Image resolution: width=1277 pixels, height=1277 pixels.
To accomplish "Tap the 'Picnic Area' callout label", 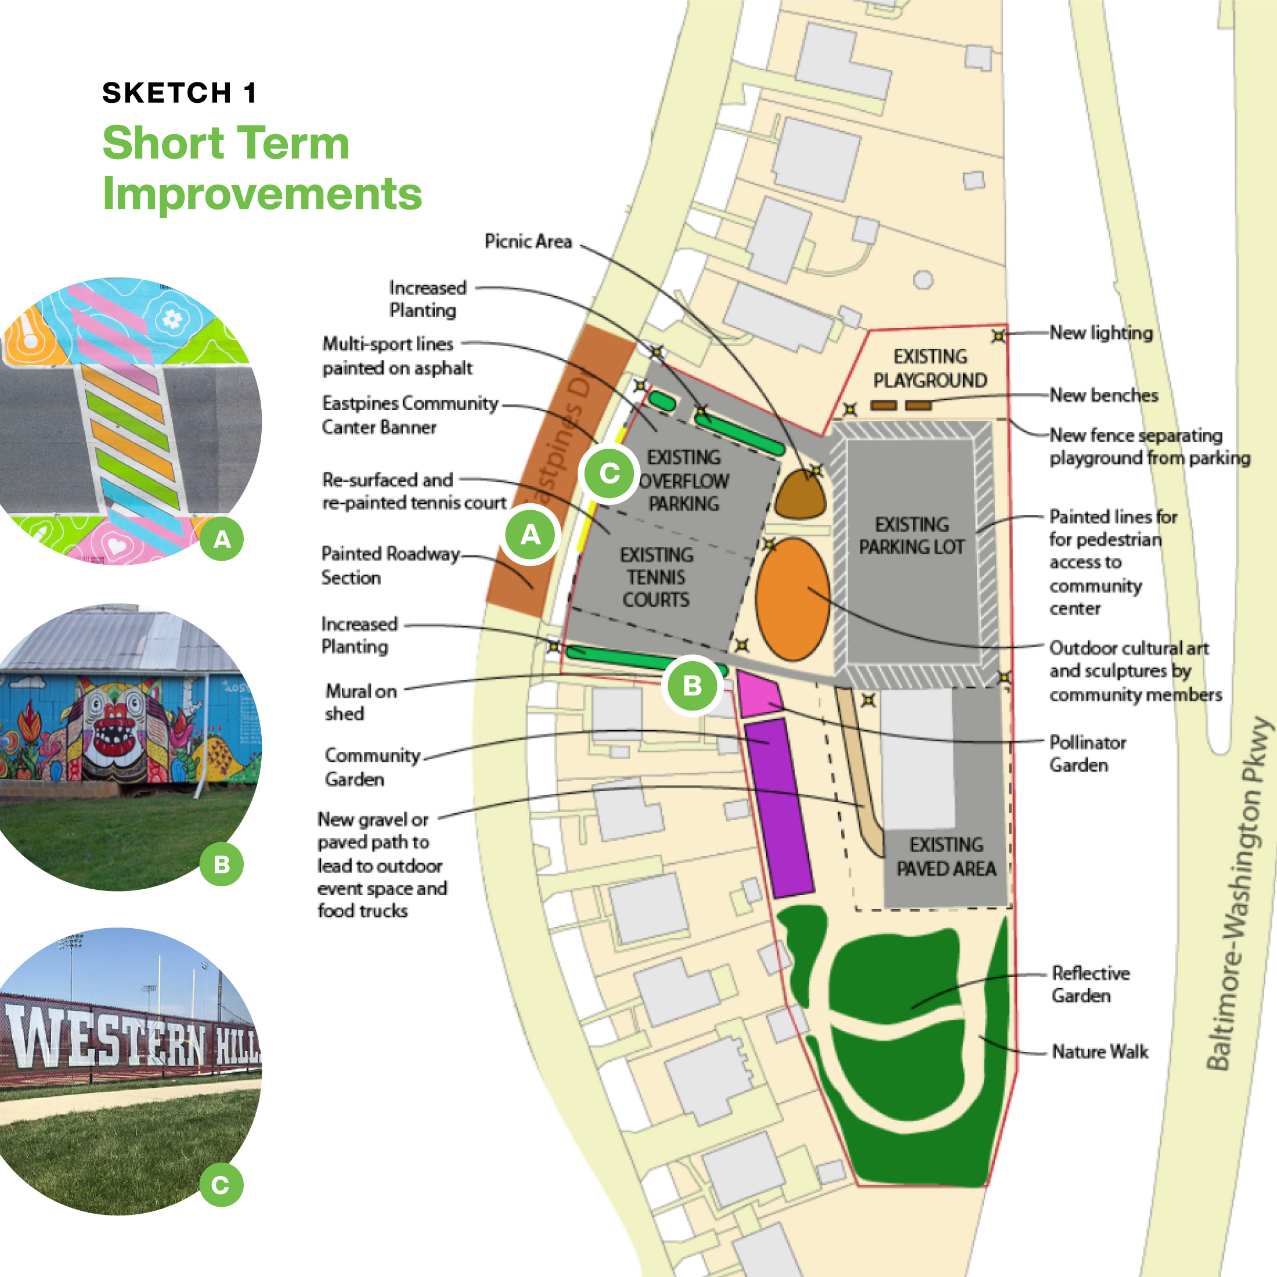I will [528, 241].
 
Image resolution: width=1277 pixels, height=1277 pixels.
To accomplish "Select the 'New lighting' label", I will [1101, 333].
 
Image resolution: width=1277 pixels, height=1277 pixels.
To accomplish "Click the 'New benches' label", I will [1103, 395].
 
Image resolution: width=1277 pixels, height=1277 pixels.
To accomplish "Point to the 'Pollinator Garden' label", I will [1087, 753].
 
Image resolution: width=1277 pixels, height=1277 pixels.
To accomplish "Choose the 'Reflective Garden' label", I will [1090, 984].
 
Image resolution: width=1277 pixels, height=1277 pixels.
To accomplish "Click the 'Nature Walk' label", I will [1099, 1051].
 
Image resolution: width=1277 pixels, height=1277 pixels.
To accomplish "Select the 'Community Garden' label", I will [372, 767].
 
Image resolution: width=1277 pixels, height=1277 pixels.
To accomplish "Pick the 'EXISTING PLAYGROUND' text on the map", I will [930, 368].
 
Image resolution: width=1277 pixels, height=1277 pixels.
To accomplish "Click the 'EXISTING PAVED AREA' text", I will [946, 857].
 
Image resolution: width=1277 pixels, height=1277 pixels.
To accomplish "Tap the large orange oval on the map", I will [792, 599].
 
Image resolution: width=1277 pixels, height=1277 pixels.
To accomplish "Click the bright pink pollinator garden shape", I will [759, 694].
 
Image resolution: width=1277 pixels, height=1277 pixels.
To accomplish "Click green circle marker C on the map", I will [609, 472].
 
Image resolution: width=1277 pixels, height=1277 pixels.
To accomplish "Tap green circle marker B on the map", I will [692, 686].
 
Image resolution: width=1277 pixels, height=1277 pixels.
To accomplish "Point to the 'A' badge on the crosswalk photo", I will [222, 539].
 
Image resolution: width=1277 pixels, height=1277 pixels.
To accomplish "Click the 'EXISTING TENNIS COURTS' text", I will [656, 577].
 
